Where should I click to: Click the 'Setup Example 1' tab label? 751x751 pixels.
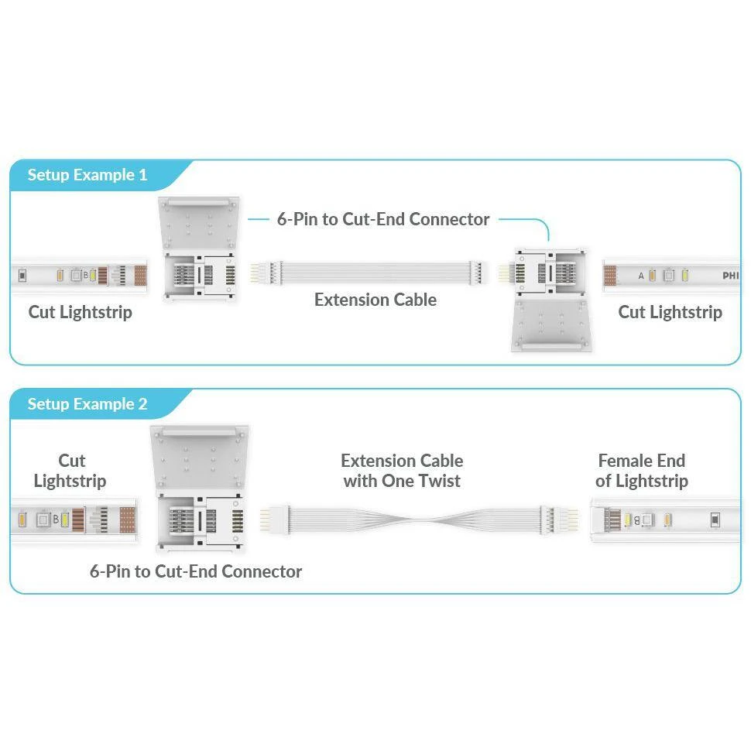[x=87, y=175]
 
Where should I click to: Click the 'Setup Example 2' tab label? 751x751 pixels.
[x=87, y=404]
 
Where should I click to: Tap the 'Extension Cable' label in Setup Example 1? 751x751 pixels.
[x=375, y=300]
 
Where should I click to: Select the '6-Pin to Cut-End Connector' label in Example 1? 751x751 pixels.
[x=383, y=219]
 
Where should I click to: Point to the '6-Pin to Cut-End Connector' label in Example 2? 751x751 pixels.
[x=196, y=571]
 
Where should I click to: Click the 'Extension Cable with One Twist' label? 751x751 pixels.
[x=402, y=471]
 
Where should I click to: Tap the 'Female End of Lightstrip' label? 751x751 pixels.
[x=642, y=471]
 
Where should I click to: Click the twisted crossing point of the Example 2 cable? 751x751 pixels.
[x=421, y=517]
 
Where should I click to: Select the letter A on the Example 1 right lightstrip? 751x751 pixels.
[x=641, y=276]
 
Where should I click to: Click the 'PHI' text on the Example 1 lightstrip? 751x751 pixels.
[x=730, y=276]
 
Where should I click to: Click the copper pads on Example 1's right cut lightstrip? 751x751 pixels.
[x=611, y=276]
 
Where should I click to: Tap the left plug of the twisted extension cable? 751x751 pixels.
[x=273, y=517]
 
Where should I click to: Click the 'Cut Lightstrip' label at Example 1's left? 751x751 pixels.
[x=80, y=312]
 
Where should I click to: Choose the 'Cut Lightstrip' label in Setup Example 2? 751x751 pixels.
[x=71, y=471]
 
